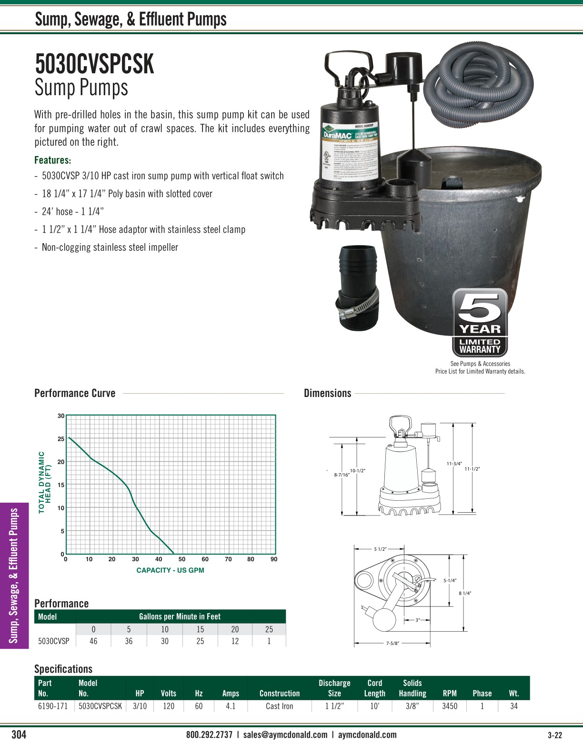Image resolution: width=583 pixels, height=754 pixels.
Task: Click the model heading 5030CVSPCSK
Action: [94, 64]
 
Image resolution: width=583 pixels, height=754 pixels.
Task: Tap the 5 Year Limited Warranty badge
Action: [480, 323]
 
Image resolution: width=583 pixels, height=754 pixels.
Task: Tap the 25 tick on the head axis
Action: [61, 439]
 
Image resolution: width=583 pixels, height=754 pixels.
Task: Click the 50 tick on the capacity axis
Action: [182, 559]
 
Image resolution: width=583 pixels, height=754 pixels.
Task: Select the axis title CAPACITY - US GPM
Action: [170, 570]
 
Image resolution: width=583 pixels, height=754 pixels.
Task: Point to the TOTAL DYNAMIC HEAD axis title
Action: [44, 482]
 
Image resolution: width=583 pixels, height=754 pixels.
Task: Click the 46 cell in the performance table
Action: [93, 641]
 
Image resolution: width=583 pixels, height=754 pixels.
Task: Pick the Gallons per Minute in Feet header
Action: [180, 616]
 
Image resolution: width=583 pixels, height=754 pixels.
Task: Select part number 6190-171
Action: [53, 706]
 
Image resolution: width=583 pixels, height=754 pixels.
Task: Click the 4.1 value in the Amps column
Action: [231, 706]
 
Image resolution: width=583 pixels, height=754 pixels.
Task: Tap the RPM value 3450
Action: [450, 706]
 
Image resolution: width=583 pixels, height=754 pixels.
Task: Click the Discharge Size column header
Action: [334, 688]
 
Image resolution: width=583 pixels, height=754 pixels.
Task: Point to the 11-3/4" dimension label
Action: [454, 463]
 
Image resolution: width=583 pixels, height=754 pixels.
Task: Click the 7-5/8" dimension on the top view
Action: [392, 643]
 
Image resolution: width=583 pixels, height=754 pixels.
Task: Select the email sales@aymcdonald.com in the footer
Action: [285, 734]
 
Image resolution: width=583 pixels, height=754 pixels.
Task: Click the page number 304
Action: [19, 734]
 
